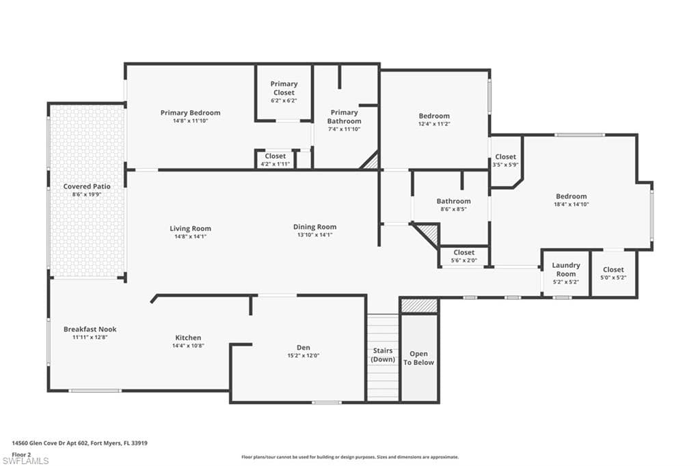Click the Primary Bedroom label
pos(190,113)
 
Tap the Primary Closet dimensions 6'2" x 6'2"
pos(284,101)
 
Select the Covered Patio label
pos(87,186)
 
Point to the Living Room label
pos(190,228)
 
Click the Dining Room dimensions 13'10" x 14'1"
pos(314,235)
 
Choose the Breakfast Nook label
pos(90,329)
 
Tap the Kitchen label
pos(188,338)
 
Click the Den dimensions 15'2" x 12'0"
pos(303,356)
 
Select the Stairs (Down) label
pos(383,355)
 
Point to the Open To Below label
pos(418,358)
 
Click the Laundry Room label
pos(566,270)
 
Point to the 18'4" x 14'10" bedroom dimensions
pos(571,204)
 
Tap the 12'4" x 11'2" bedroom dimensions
pos(434,124)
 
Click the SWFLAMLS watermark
pos(25,461)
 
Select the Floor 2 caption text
pos(21,454)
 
